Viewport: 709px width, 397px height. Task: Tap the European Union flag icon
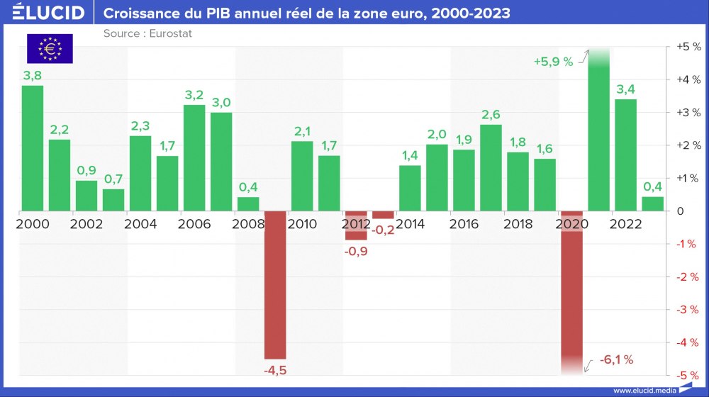click(50, 48)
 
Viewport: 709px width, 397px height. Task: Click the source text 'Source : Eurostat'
click(147, 33)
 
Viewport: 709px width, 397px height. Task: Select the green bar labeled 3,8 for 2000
click(33, 148)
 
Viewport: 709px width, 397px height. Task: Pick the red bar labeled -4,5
click(275, 285)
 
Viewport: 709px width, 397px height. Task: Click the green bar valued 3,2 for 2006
click(194, 158)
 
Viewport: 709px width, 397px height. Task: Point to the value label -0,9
click(356, 250)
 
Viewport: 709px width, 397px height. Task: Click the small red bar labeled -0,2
click(383, 215)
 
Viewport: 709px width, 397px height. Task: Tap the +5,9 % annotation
click(553, 62)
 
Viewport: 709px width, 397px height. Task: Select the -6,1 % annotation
click(616, 360)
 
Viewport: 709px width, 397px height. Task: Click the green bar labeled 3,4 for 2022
click(625, 155)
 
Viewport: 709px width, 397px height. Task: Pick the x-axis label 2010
click(302, 224)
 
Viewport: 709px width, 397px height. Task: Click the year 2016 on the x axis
click(464, 224)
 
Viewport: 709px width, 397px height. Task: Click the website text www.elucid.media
click(643, 390)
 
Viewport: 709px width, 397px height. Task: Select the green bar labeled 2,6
click(491, 167)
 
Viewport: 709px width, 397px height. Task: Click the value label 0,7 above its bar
click(113, 179)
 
